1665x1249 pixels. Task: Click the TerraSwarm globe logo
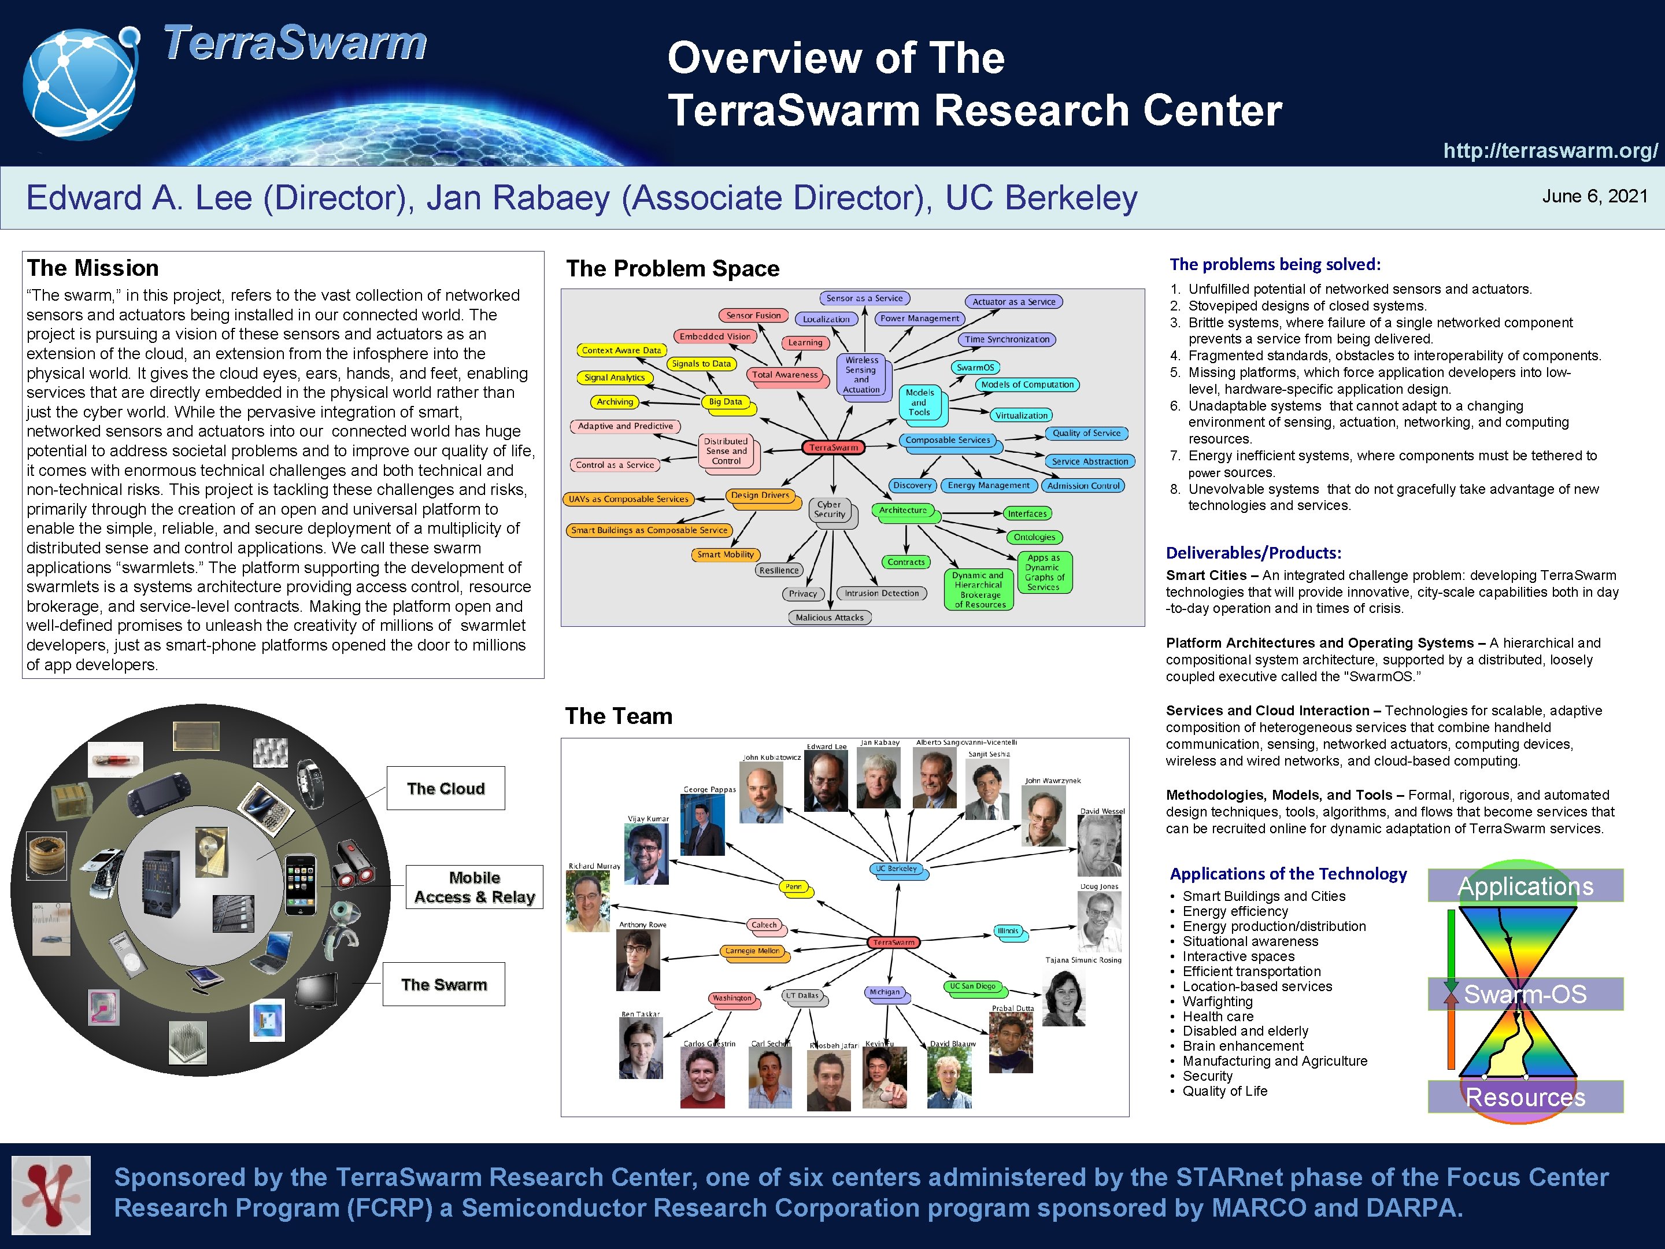click(x=80, y=83)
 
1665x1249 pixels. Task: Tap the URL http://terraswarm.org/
click(x=1550, y=150)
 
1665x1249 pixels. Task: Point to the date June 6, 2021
click(x=1594, y=197)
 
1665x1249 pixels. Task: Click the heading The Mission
click(x=92, y=268)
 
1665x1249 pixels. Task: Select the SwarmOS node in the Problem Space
click(x=975, y=367)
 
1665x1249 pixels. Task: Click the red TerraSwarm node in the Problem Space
click(x=833, y=447)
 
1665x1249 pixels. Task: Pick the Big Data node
click(x=725, y=402)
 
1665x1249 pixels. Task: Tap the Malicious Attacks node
click(x=830, y=618)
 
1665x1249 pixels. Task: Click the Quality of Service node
click(x=1086, y=433)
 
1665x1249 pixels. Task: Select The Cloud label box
click(x=446, y=788)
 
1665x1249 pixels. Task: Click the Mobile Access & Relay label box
click(x=474, y=887)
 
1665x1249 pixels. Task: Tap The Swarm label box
click(x=443, y=984)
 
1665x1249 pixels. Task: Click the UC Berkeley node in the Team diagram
click(x=897, y=869)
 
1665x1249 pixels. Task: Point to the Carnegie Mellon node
click(x=752, y=951)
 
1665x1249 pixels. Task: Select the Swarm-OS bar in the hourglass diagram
click(x=1525, y=994)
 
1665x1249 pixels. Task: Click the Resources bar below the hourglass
click(x=1525, y=1097)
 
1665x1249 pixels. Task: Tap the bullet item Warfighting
click(x=1217, y=1002)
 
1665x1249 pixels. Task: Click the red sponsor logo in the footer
click(x=51, y=1196)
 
